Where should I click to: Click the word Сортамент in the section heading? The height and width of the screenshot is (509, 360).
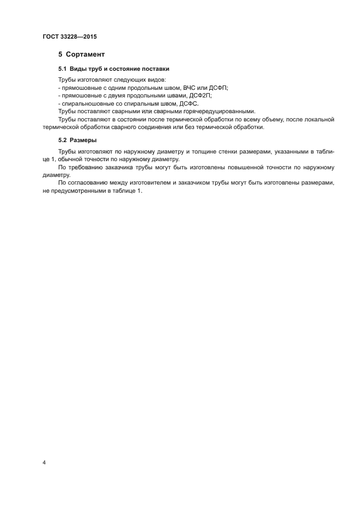point(86,54)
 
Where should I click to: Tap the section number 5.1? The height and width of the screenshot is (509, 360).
point(63,69)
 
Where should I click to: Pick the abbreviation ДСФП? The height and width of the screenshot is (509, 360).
point(217,88)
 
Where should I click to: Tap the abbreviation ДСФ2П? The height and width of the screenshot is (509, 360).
point(200,95)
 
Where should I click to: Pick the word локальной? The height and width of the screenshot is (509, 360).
point(319,119)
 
